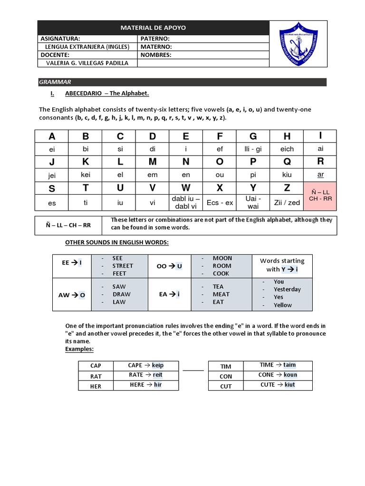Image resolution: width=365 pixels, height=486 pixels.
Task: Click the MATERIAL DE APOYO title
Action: coord(153,28)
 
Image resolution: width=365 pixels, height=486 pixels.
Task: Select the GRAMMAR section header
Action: coord(55,82)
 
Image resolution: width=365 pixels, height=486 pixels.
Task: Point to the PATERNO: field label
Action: coord(155,38)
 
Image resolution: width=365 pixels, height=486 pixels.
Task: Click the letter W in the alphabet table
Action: coord(186,188)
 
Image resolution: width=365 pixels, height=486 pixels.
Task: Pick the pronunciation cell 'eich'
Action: coord(287,149)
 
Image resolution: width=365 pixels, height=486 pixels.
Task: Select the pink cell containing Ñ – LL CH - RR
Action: coord(320,195)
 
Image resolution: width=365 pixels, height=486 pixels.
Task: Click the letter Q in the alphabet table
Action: coord(287,162)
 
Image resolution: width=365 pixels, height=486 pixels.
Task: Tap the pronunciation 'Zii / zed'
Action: coord(287,202)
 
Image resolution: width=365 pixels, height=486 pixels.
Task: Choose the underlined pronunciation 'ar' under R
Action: coord(320,174)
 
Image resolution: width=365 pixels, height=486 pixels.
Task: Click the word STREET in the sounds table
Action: coord(123,266)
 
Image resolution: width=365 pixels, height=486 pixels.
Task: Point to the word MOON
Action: coord(222,258)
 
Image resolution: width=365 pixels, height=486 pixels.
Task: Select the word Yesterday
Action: coord(287,289)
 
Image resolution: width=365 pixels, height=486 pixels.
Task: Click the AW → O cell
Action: coord(72,295)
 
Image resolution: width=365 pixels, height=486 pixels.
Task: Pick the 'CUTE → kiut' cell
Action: coord(278,385)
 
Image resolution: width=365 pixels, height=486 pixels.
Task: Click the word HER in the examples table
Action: coord(96,386)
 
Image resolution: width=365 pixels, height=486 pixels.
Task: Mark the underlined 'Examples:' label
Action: coord(79,349)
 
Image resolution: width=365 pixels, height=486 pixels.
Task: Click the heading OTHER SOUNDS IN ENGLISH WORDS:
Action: coord(117,243)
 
